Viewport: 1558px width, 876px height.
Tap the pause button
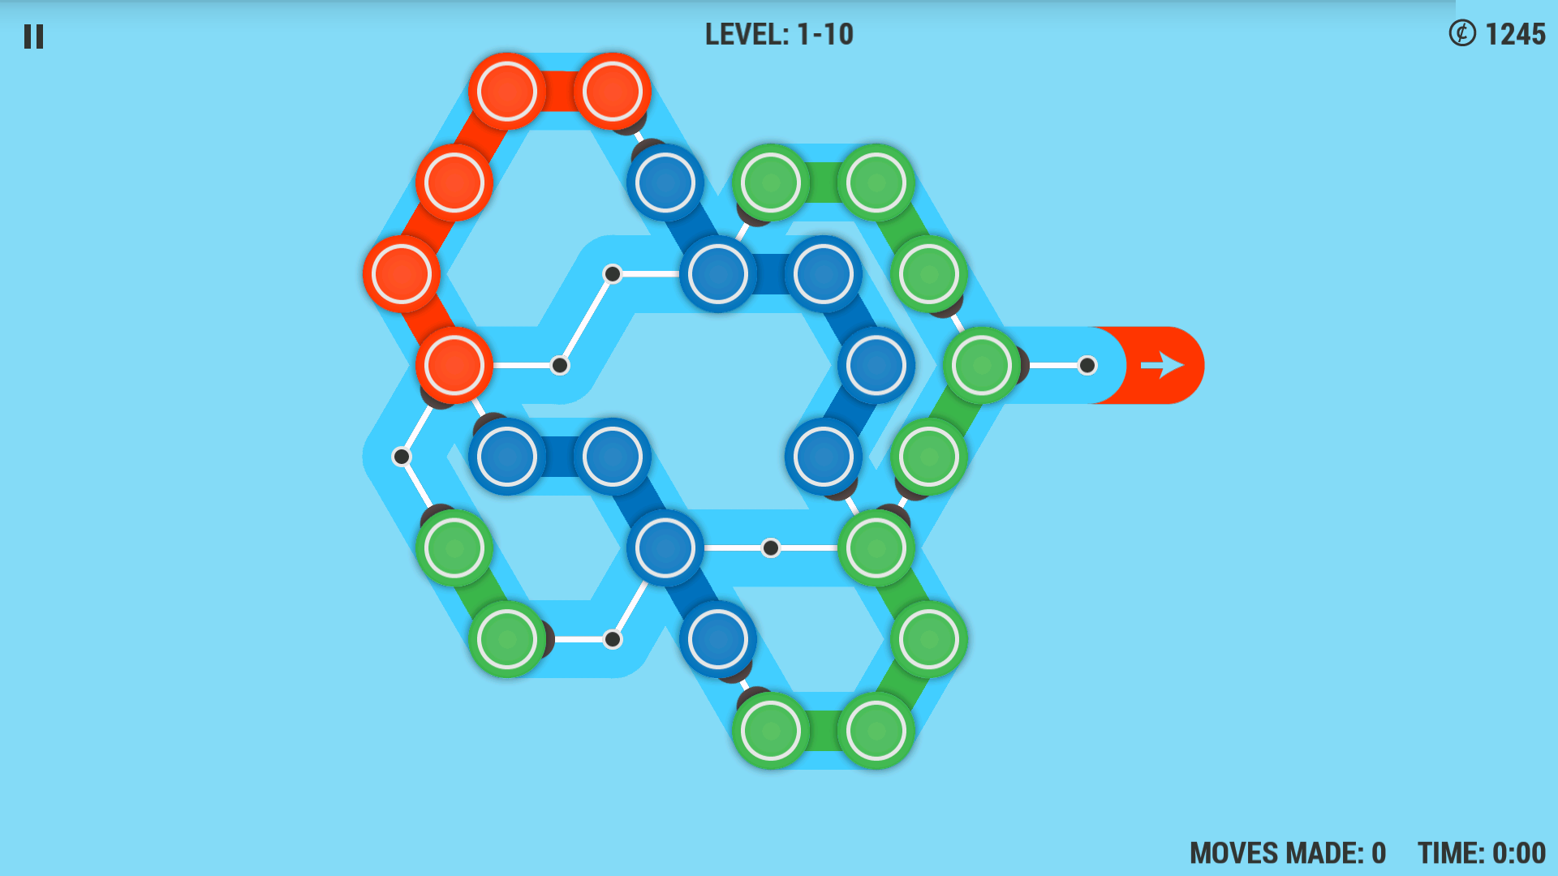point(33,36)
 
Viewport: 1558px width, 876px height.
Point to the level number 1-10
point(825,34)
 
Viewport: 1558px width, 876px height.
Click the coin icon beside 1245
point(1462,33)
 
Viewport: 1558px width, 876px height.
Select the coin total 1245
point(1515,34)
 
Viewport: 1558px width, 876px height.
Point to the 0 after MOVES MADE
point(1379,853)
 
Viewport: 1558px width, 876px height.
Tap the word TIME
point(1450,853)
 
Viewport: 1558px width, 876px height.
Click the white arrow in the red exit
point(1162,365)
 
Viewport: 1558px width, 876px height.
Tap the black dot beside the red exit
point(1087,365)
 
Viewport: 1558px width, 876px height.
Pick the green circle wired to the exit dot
point(982,365)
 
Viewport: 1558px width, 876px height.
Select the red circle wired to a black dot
point(454,365)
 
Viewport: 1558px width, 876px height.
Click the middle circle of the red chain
point(454,182)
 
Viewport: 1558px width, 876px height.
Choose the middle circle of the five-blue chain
point(824,274)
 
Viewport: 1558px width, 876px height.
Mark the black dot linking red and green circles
point(401,457)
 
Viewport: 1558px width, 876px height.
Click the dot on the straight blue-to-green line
point(771,548)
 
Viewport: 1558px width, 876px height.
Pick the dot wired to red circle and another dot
point(560,365)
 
